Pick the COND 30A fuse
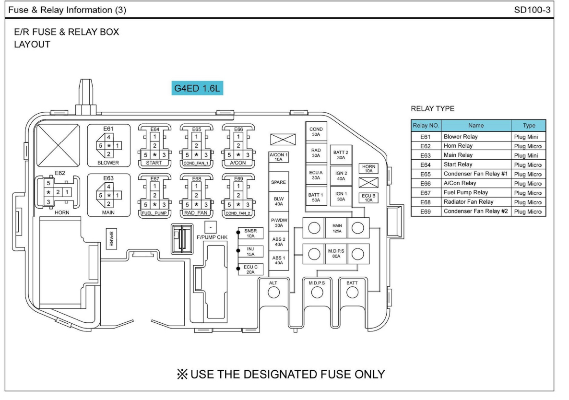point(316,131)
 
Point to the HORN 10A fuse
point(369,168)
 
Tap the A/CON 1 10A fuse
point(278,157)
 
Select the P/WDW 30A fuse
point(278,223)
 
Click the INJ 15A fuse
point(250,251)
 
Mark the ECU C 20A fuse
point(250,269)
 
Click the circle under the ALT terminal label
point(273,293)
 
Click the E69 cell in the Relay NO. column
point(426,212)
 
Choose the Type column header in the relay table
point(529,125)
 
